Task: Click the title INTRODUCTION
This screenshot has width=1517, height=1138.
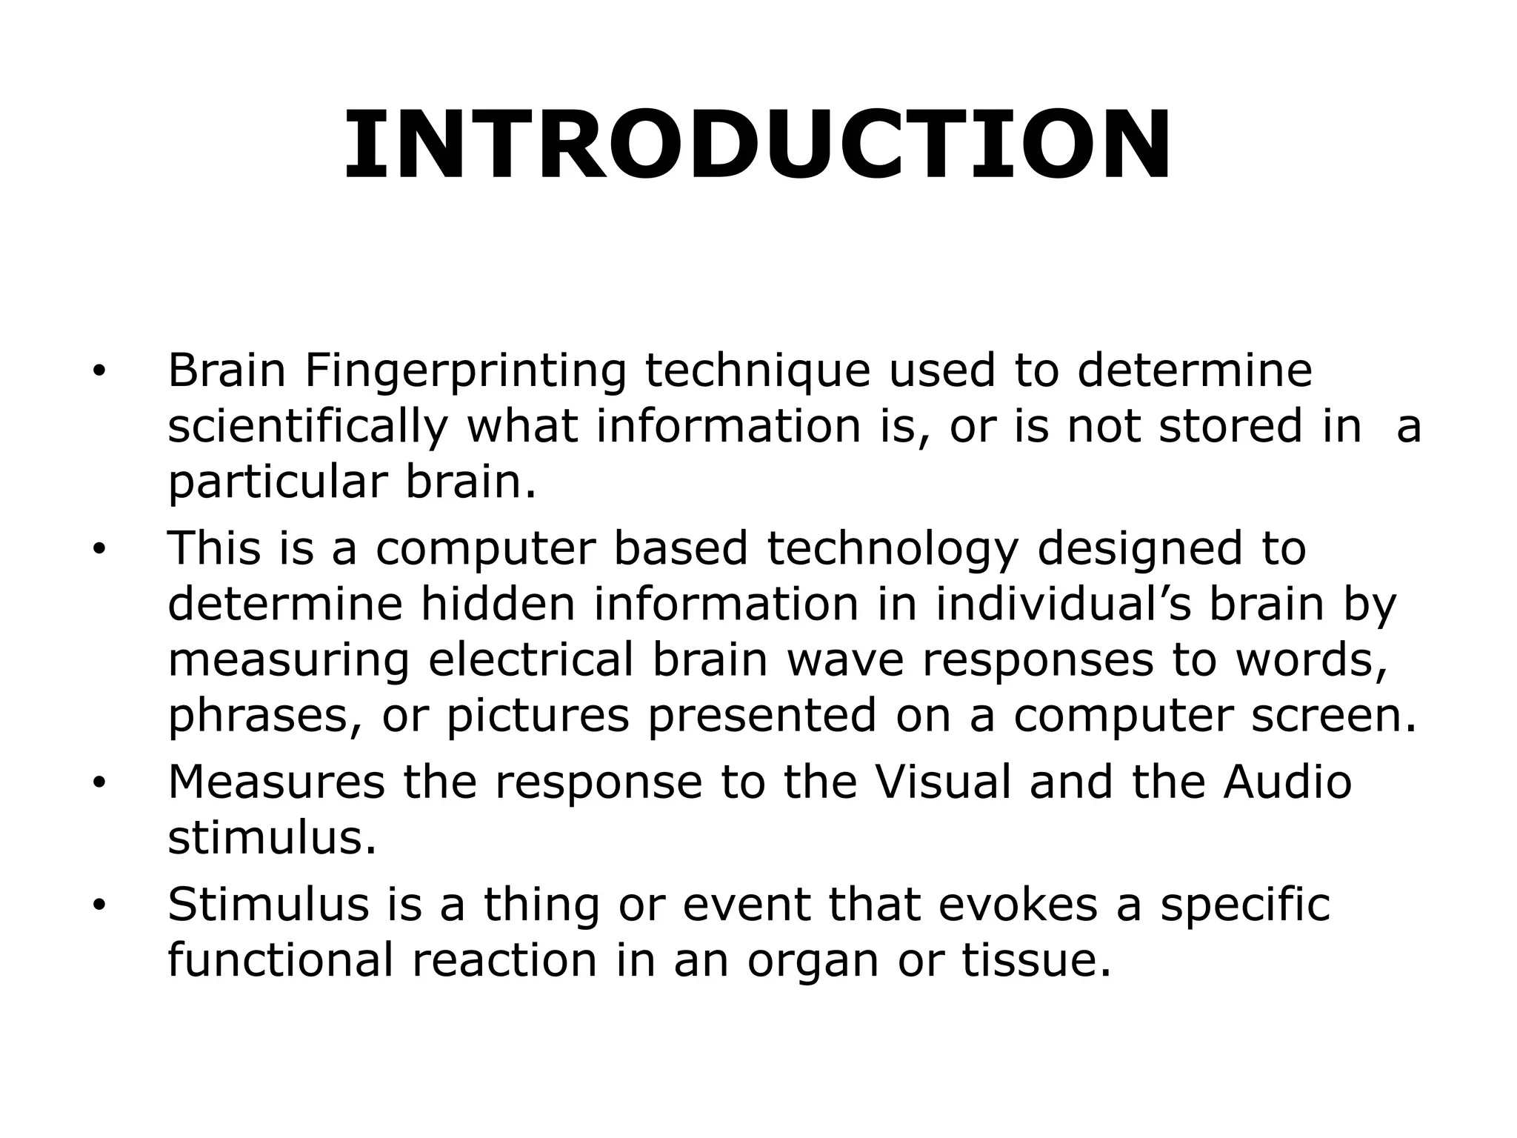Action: (757, 145)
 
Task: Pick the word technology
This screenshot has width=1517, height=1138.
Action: (892, 549)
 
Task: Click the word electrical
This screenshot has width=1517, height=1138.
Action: (531, 659)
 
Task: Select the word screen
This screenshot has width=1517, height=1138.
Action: (1334, 715)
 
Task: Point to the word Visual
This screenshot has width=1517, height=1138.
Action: (942, 782)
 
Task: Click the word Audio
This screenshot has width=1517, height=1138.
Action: (1287, 782)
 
